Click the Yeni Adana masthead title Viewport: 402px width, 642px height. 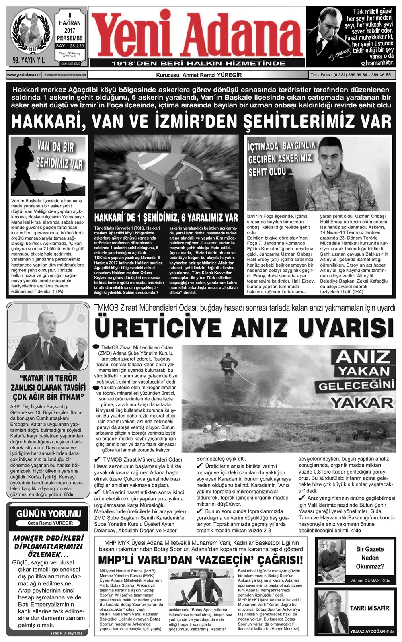197,34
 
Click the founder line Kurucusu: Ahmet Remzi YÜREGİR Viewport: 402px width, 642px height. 199,75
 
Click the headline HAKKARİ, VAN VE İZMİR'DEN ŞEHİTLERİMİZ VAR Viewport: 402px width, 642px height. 201,121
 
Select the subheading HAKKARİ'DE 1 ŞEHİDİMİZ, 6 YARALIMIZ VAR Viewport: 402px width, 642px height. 166,218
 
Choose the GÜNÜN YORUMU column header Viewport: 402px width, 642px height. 49,513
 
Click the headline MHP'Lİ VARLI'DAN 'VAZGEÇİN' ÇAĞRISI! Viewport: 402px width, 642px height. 200,560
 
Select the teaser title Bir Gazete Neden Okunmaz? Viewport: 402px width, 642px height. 369,558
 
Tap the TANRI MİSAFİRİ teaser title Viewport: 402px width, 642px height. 370,608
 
